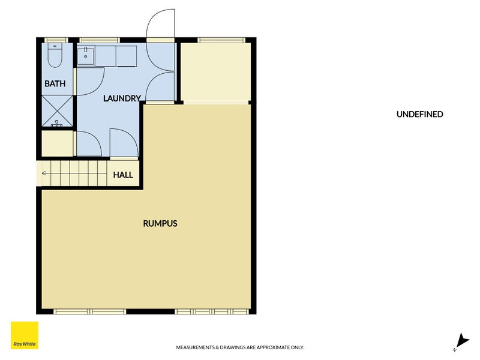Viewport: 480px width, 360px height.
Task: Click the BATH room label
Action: point(55,83)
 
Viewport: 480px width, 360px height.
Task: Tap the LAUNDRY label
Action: point(122,98)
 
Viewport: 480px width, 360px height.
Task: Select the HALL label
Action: point(123,175)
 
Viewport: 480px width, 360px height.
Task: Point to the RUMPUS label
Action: point(160,223)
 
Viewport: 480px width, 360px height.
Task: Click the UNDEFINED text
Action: point(419,114)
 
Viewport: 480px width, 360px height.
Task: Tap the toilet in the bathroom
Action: point(55,55)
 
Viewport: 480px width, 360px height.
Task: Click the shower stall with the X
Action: point(57,111)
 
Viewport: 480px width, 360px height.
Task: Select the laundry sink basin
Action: point(86,55)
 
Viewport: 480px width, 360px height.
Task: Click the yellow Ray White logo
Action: point(25,335)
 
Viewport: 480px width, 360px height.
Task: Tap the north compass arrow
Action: point(461,341)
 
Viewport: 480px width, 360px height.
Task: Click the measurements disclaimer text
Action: point(239,347)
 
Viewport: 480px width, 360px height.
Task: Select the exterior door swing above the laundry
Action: point(161,25)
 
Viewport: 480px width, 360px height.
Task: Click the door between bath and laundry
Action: point(90,82)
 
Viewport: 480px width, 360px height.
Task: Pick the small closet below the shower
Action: point(57,143)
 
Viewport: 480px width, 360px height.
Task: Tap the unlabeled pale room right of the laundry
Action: point(215,73)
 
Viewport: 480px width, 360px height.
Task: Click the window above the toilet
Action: point(56,40)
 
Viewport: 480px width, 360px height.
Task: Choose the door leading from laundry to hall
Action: point(124,143)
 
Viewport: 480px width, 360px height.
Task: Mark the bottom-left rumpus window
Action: point(89,311)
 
